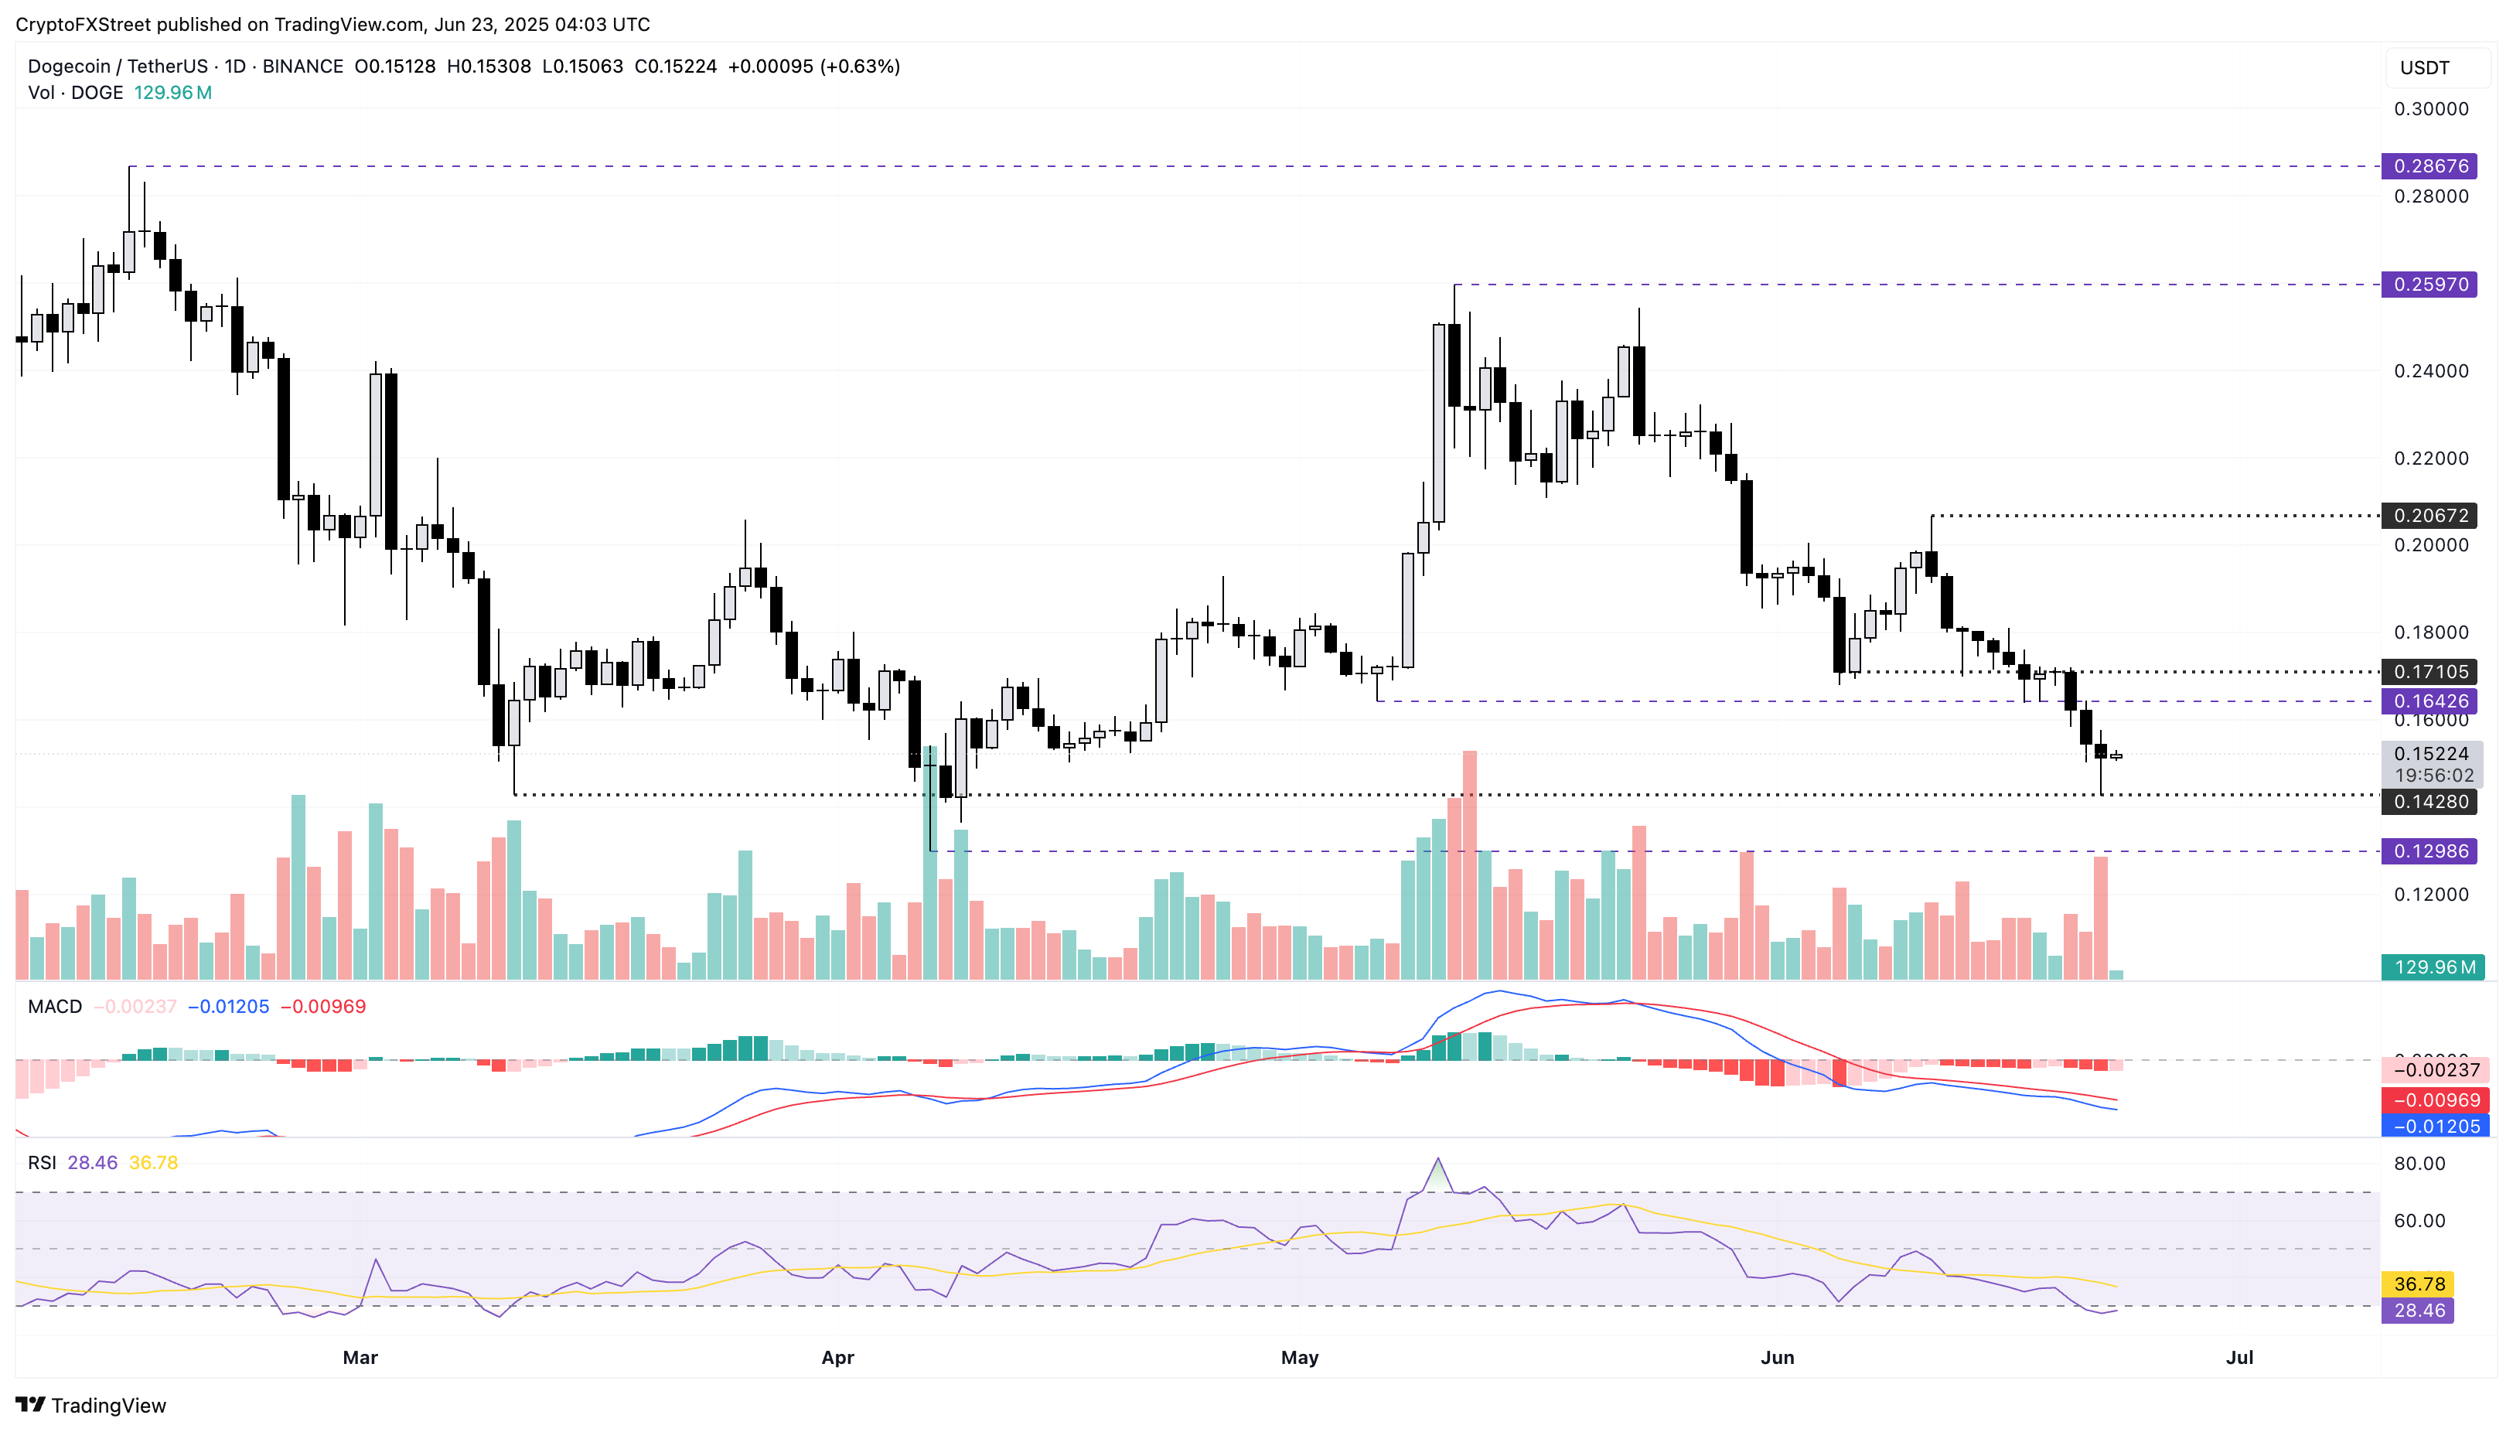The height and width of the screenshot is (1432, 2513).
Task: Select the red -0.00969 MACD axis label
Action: coord(2433,1100)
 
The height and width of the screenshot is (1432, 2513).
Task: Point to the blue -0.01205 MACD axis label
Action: coord(2433,1126)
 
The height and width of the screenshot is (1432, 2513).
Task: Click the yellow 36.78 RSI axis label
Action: coord(2418,1284)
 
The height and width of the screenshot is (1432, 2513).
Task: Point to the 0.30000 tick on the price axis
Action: coord(2429,109)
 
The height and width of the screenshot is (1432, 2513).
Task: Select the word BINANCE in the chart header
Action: coord(302,66)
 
